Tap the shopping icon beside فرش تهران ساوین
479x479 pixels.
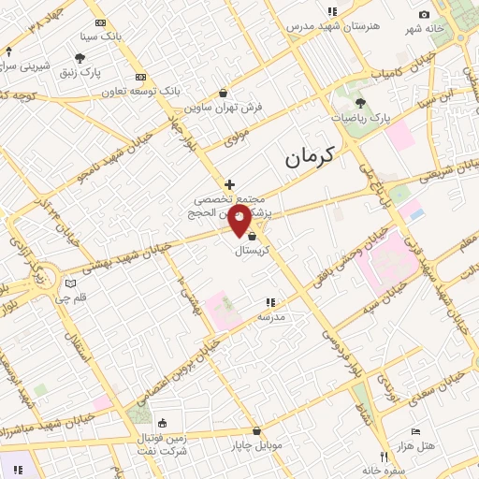tap(223, 93)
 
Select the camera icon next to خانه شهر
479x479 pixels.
tap(424, 14)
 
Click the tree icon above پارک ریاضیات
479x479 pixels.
tap(361, 103)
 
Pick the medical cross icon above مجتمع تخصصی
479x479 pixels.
tap(229, 184)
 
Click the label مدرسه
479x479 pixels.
tap(270, 316)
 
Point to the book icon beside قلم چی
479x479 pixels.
tap(70, 283)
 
